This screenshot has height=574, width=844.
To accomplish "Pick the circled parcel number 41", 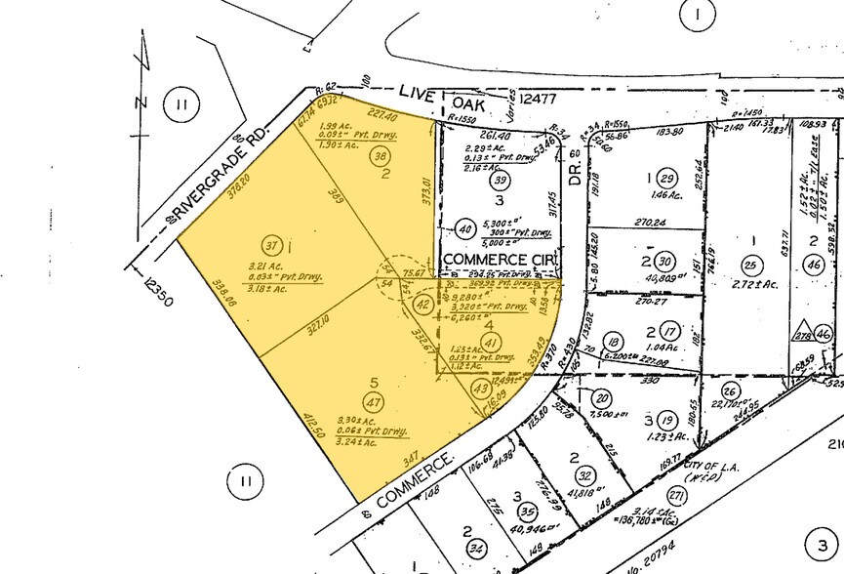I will (x=493, y=341).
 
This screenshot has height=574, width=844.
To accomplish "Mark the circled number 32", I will (x=585, y=475).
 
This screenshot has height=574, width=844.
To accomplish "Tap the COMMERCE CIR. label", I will (x=502, y=258).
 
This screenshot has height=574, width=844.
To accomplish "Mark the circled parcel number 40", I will (x=465, y=228).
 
